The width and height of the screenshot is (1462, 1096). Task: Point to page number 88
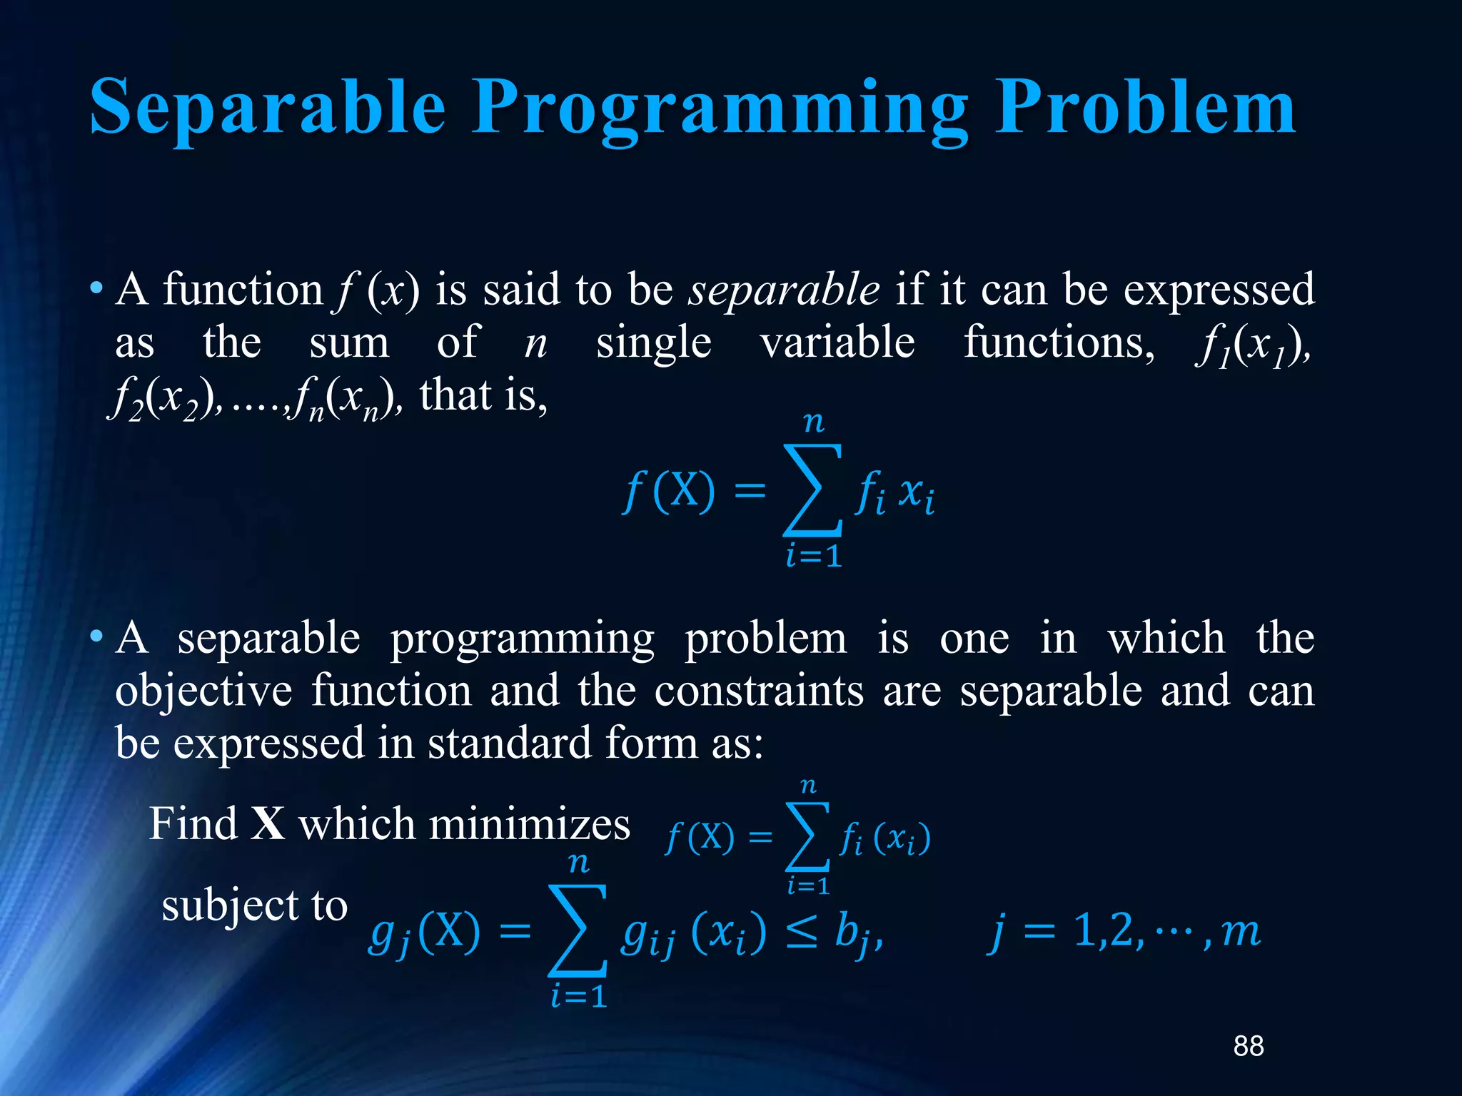(1249, 1046)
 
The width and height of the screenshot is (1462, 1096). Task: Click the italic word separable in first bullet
(783, 290)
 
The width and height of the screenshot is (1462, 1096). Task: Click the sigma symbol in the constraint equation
(578, 930)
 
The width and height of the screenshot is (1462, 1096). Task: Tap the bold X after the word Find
(268, 824)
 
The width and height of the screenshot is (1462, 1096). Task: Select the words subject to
(254, 906)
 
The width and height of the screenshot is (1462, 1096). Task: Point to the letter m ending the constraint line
(1241, 932)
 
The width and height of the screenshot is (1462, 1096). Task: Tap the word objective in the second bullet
(203, 692)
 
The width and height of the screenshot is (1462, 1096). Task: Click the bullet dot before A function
(96, 289)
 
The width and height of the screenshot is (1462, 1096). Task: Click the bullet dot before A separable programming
(96, 636)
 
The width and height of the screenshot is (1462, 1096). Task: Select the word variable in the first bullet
(837, 342)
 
